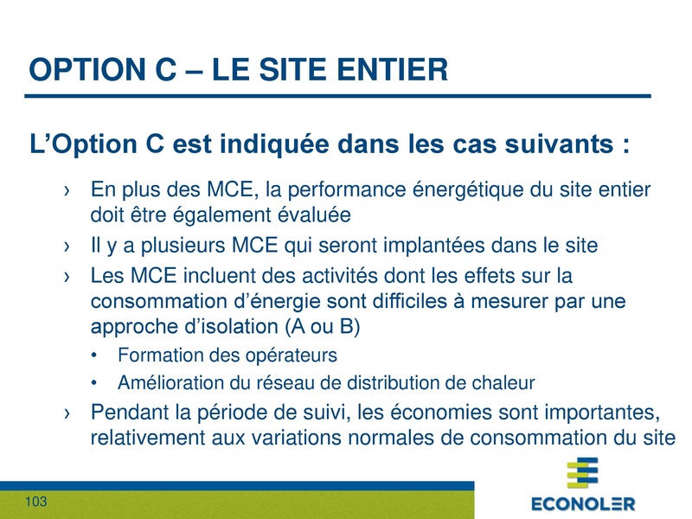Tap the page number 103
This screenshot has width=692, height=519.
click(35, 503)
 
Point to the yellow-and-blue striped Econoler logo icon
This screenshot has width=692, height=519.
click(582, 473)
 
